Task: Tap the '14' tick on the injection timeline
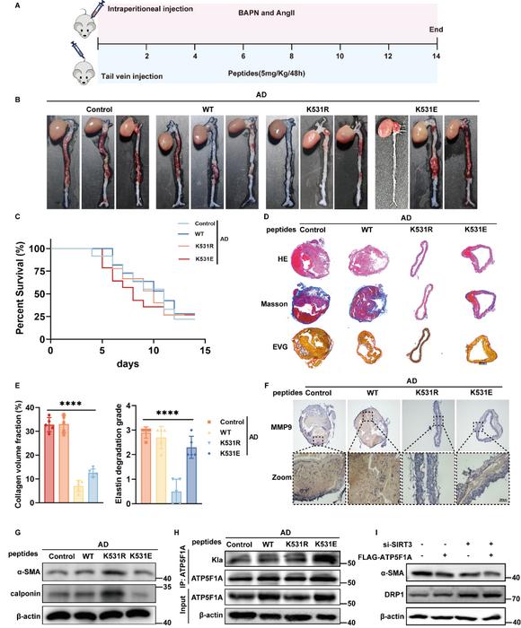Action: (436, 56)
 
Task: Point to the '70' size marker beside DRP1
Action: (506, 596)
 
